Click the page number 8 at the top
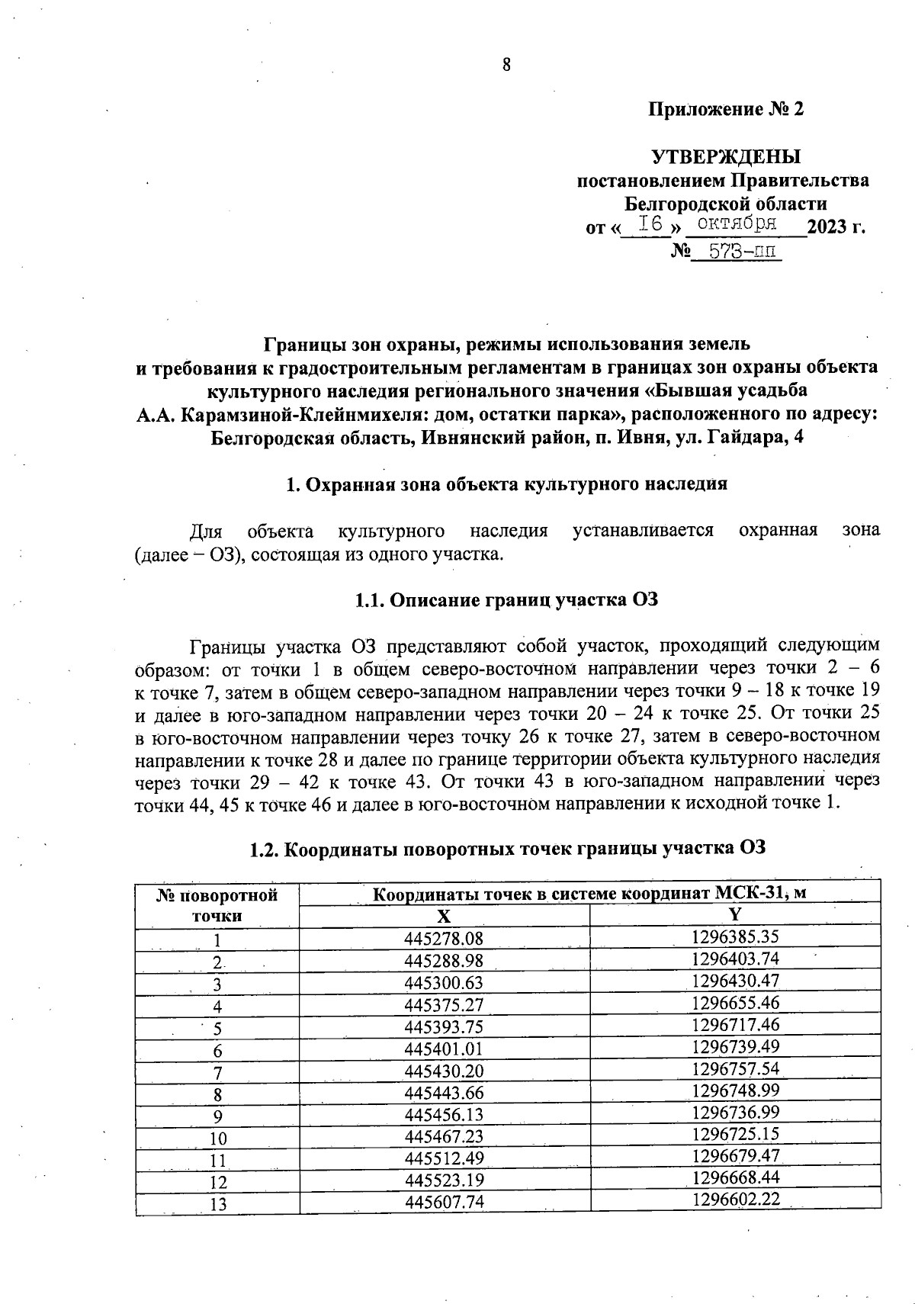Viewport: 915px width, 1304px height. pyautogui.click(x=506, y=65)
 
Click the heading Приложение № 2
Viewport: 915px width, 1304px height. pyautogui.click(x=726, y=110)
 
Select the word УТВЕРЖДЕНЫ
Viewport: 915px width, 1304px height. pyautogui.click(x=726, y=157)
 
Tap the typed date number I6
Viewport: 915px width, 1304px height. pyautogui.click(x=650, y=223)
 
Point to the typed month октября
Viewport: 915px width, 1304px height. pyautogui.click(x=737, y=223)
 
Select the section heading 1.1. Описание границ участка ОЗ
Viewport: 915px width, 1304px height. pyautogui.click(x=506, y=600)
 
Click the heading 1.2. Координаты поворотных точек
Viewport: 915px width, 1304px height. pyautogui.click(x=507, y=848)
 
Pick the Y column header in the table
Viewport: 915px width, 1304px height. pyautogui.click(x=735, y=914)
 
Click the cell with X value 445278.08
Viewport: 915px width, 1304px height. pyautogui.click(x=444, y=939)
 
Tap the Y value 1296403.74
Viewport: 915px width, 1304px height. pyautogui.click(x=735, y=958)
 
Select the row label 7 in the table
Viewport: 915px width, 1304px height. pyautogui.click(x=217, y=1073)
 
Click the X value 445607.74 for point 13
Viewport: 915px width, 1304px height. pyautogui.click(x=444, y=1203)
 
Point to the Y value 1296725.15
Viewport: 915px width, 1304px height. pyautogui.click(x=735, y=1134)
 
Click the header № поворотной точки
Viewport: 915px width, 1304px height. pyautogui.click(x=217, y=904)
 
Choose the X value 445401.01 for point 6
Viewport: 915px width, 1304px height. pyautogui.click(x=444, y=1049)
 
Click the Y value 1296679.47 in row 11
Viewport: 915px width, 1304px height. pyautogui.click(x=735, y=1155)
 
